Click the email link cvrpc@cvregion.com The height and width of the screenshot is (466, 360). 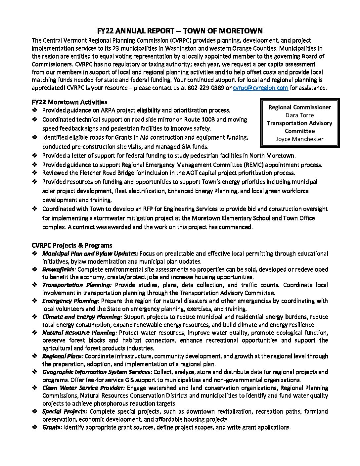(x=260, y=88)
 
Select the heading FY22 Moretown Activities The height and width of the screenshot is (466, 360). (x=69, y=102)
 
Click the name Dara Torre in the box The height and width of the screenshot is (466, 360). (x=299, y=115)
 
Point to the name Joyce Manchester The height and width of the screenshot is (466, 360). (x=299, y=139)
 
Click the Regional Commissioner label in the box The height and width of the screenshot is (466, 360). (x=299, y=107)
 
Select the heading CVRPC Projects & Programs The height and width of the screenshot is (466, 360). (x=72, y=246)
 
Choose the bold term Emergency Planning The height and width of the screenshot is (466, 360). (x=70, y=301)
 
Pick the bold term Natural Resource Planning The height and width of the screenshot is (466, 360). (x=79, y=333)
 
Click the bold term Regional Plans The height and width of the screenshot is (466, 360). (x=63, y=356)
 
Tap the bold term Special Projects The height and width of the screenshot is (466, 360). (x=65, y=411)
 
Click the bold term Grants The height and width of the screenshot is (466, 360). (x=52, y=427)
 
